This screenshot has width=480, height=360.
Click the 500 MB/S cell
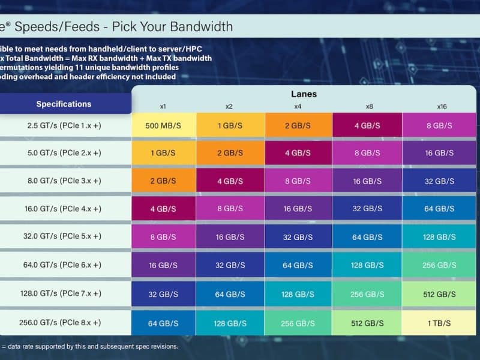pyautogui.click(x=163, y=125)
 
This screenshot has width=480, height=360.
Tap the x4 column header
pyautogui.click(x=298, y=106)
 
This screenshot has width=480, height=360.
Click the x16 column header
pyautogui.click(x=442, y=106)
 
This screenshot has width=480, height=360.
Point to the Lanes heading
pyautogui.click(x=304, y=94)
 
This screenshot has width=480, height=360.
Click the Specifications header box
pyautogui.click(x=64, y=104)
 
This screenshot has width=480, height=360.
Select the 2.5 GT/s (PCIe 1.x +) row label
pyautogui.click(x=63, y=125)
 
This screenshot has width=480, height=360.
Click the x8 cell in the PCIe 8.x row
pyautogui.click(x=367, y=323)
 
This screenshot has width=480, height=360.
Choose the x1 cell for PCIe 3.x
pyautogui.click(x=163, y=181)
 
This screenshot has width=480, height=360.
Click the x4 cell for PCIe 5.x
pyautogui.click(x=298, y=237)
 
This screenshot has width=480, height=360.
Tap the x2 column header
pyautogui.click(x=229, y=106)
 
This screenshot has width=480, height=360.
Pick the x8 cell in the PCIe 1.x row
pyautogui.click(x=367, y=125)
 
